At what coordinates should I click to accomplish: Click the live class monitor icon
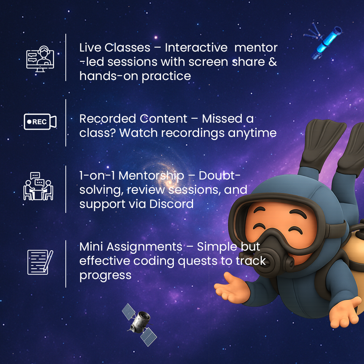(40, 59)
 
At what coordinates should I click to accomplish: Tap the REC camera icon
(40, 122)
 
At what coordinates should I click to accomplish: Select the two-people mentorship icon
(38, 186)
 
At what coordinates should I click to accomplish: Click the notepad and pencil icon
(40, 262)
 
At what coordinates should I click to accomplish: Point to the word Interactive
(196, 48)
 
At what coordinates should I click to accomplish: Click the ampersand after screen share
(273, 62)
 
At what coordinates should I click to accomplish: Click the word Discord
(171, 204)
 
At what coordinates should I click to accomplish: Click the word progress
(105, 276)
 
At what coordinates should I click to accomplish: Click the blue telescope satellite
(324, 41)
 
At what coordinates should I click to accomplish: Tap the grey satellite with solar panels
(139, 325)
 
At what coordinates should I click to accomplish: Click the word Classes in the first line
(127, 48)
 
